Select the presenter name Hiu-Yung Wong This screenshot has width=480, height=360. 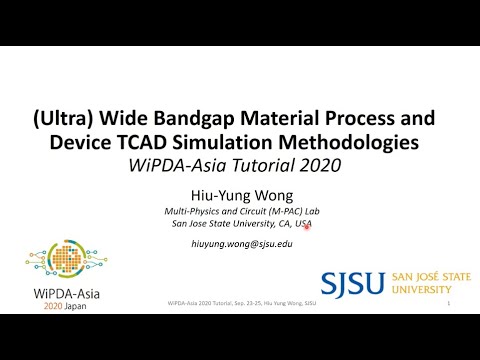point(239,197)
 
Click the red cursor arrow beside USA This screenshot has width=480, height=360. point(307,228)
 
